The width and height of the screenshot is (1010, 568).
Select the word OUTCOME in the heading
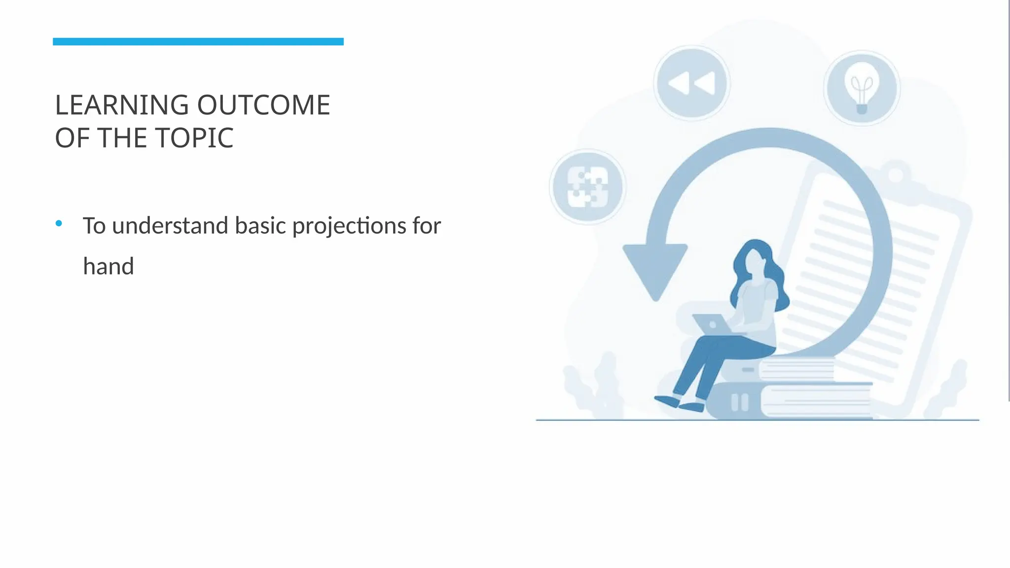tap(264, 105)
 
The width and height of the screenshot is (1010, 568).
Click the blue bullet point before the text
tap(59, 224)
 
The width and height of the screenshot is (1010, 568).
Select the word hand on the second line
tap(108, 267)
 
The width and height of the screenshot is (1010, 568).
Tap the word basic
tap(260, 226)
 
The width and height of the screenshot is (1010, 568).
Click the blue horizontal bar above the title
tap(198, 41)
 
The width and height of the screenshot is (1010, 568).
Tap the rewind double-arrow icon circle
tap(691, 83)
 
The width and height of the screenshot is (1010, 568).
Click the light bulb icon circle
tap(862, 88)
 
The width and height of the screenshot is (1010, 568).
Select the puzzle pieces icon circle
tap(587, 187)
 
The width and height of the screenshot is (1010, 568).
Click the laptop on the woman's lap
tap(712, 324)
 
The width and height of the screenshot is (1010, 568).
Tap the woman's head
tap(755, 259)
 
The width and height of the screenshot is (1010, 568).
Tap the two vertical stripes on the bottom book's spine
tap(739, 402)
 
